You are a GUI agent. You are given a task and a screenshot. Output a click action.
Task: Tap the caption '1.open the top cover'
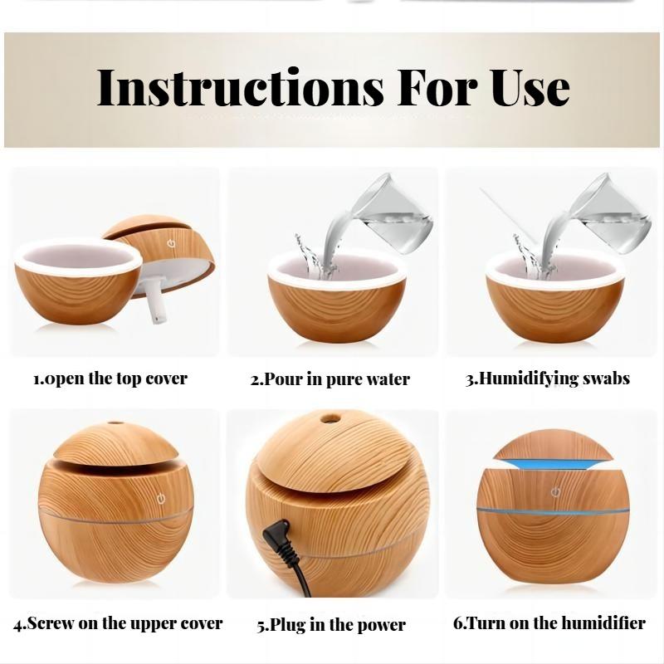point(110,378)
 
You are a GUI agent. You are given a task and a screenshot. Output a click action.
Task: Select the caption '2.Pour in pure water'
point(330,379)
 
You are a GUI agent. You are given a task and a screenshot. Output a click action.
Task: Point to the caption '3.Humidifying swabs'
point(547,378)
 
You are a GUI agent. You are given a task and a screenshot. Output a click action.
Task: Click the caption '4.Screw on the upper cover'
point(118,622)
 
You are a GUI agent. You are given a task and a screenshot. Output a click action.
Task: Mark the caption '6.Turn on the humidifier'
point(549,622)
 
